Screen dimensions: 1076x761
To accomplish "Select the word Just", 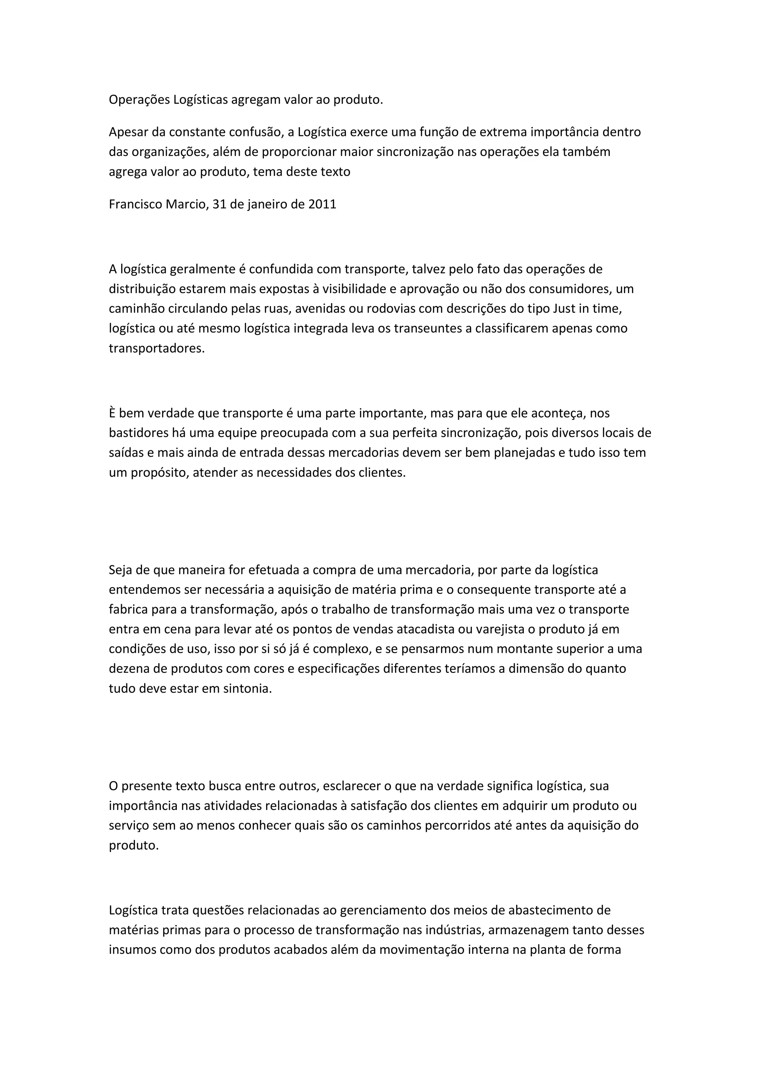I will point(565,308).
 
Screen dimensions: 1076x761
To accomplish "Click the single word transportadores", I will point(156,349).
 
